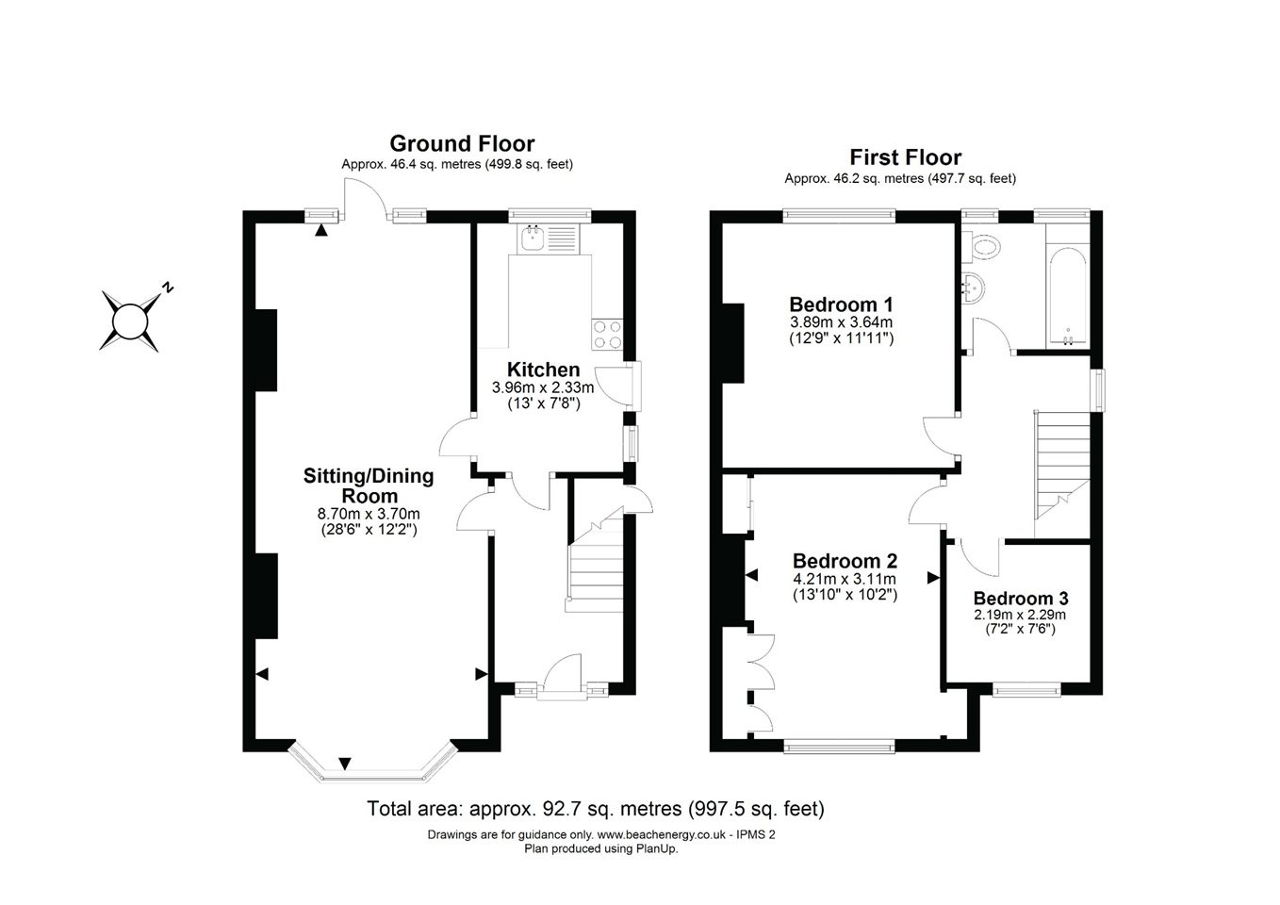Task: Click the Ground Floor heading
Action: tap(462, 143)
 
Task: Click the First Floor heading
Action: tap(905, 157)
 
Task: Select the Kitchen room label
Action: tap(543, 370)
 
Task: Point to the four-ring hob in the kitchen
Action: tap(607, 335)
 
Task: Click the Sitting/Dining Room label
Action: tap(369, 485)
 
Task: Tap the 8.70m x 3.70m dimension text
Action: tap(369, 514)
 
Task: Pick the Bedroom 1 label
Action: tap(841, 304)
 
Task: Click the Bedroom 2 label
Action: tap(845, 562)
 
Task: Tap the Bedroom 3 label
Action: tap(1021, 599)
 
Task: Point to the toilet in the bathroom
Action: tap(985, 247)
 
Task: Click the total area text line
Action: tap(595, 809)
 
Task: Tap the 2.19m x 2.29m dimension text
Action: tap(1021, 615)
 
